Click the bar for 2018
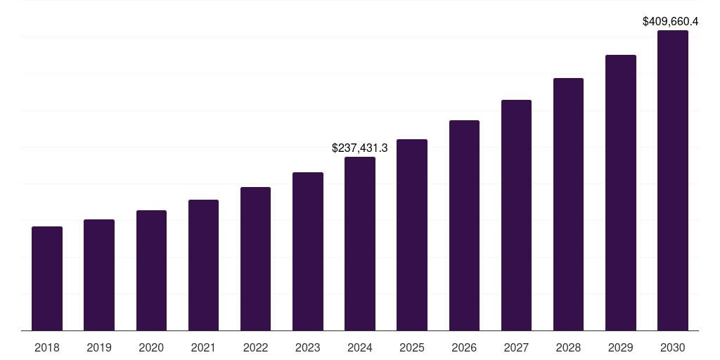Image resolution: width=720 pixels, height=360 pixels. click(47, 278)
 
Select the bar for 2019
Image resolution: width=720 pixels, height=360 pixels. click(99, 275)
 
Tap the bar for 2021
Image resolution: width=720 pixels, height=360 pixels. click(203, 265)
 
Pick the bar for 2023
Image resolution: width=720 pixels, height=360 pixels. click(308, 251)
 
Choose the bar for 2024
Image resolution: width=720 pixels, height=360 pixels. click(360, 243)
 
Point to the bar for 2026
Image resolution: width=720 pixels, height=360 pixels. click(464, 225)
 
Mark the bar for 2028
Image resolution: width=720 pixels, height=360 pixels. click(568, 204)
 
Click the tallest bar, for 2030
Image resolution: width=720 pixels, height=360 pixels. click(673, 180)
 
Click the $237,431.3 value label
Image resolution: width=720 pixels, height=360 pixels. click(360, 148)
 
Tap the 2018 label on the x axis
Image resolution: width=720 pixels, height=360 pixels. click(47, 347)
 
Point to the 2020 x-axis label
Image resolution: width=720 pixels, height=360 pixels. click(151, 347)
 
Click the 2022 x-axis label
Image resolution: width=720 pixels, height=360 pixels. click(255, 347)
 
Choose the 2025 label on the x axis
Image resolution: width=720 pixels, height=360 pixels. click(412, 347)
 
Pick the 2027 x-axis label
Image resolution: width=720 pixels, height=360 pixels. click(516, 347)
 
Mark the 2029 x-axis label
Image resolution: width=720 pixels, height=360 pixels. click(621, 347)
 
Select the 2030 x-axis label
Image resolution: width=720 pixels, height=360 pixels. click(673, 347)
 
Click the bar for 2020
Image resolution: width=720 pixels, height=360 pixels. click(151, 270)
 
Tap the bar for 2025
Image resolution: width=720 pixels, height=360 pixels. click(412, 235)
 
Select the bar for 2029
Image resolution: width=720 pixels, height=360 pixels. click(621, 193)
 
